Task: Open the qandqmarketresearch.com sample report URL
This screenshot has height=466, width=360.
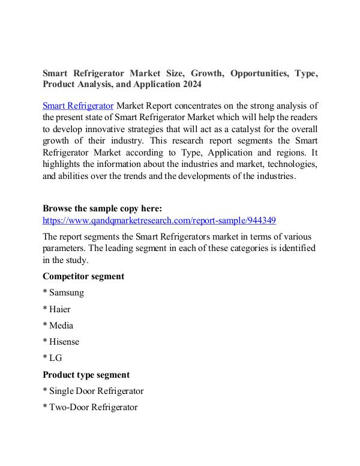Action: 159,220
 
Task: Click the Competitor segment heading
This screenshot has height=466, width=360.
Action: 83,276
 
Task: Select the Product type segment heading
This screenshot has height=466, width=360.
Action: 86,375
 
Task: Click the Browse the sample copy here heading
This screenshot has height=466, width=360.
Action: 102,209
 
